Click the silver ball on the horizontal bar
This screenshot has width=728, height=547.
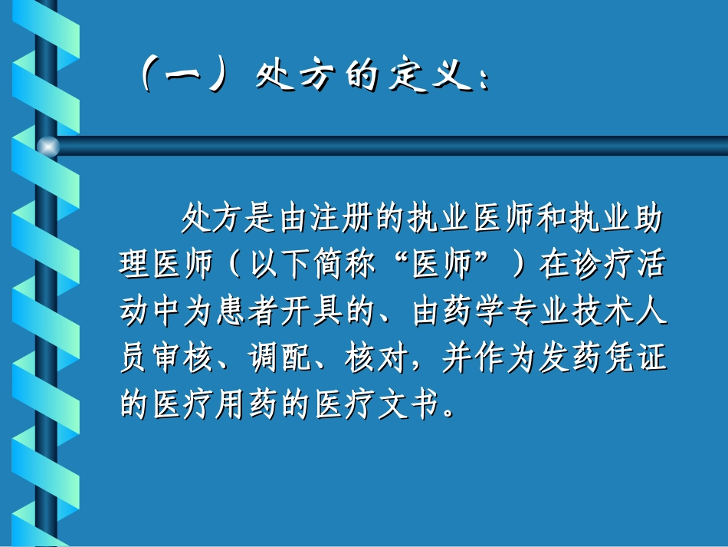pyautogui.click(x=48, y=146)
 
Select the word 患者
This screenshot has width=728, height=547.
pyautogui.click(x=246, y=314)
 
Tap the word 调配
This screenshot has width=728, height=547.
pyautogui.click(x=280, y=361)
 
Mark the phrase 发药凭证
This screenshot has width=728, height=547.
pyautogui.click(x=599, y=361)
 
